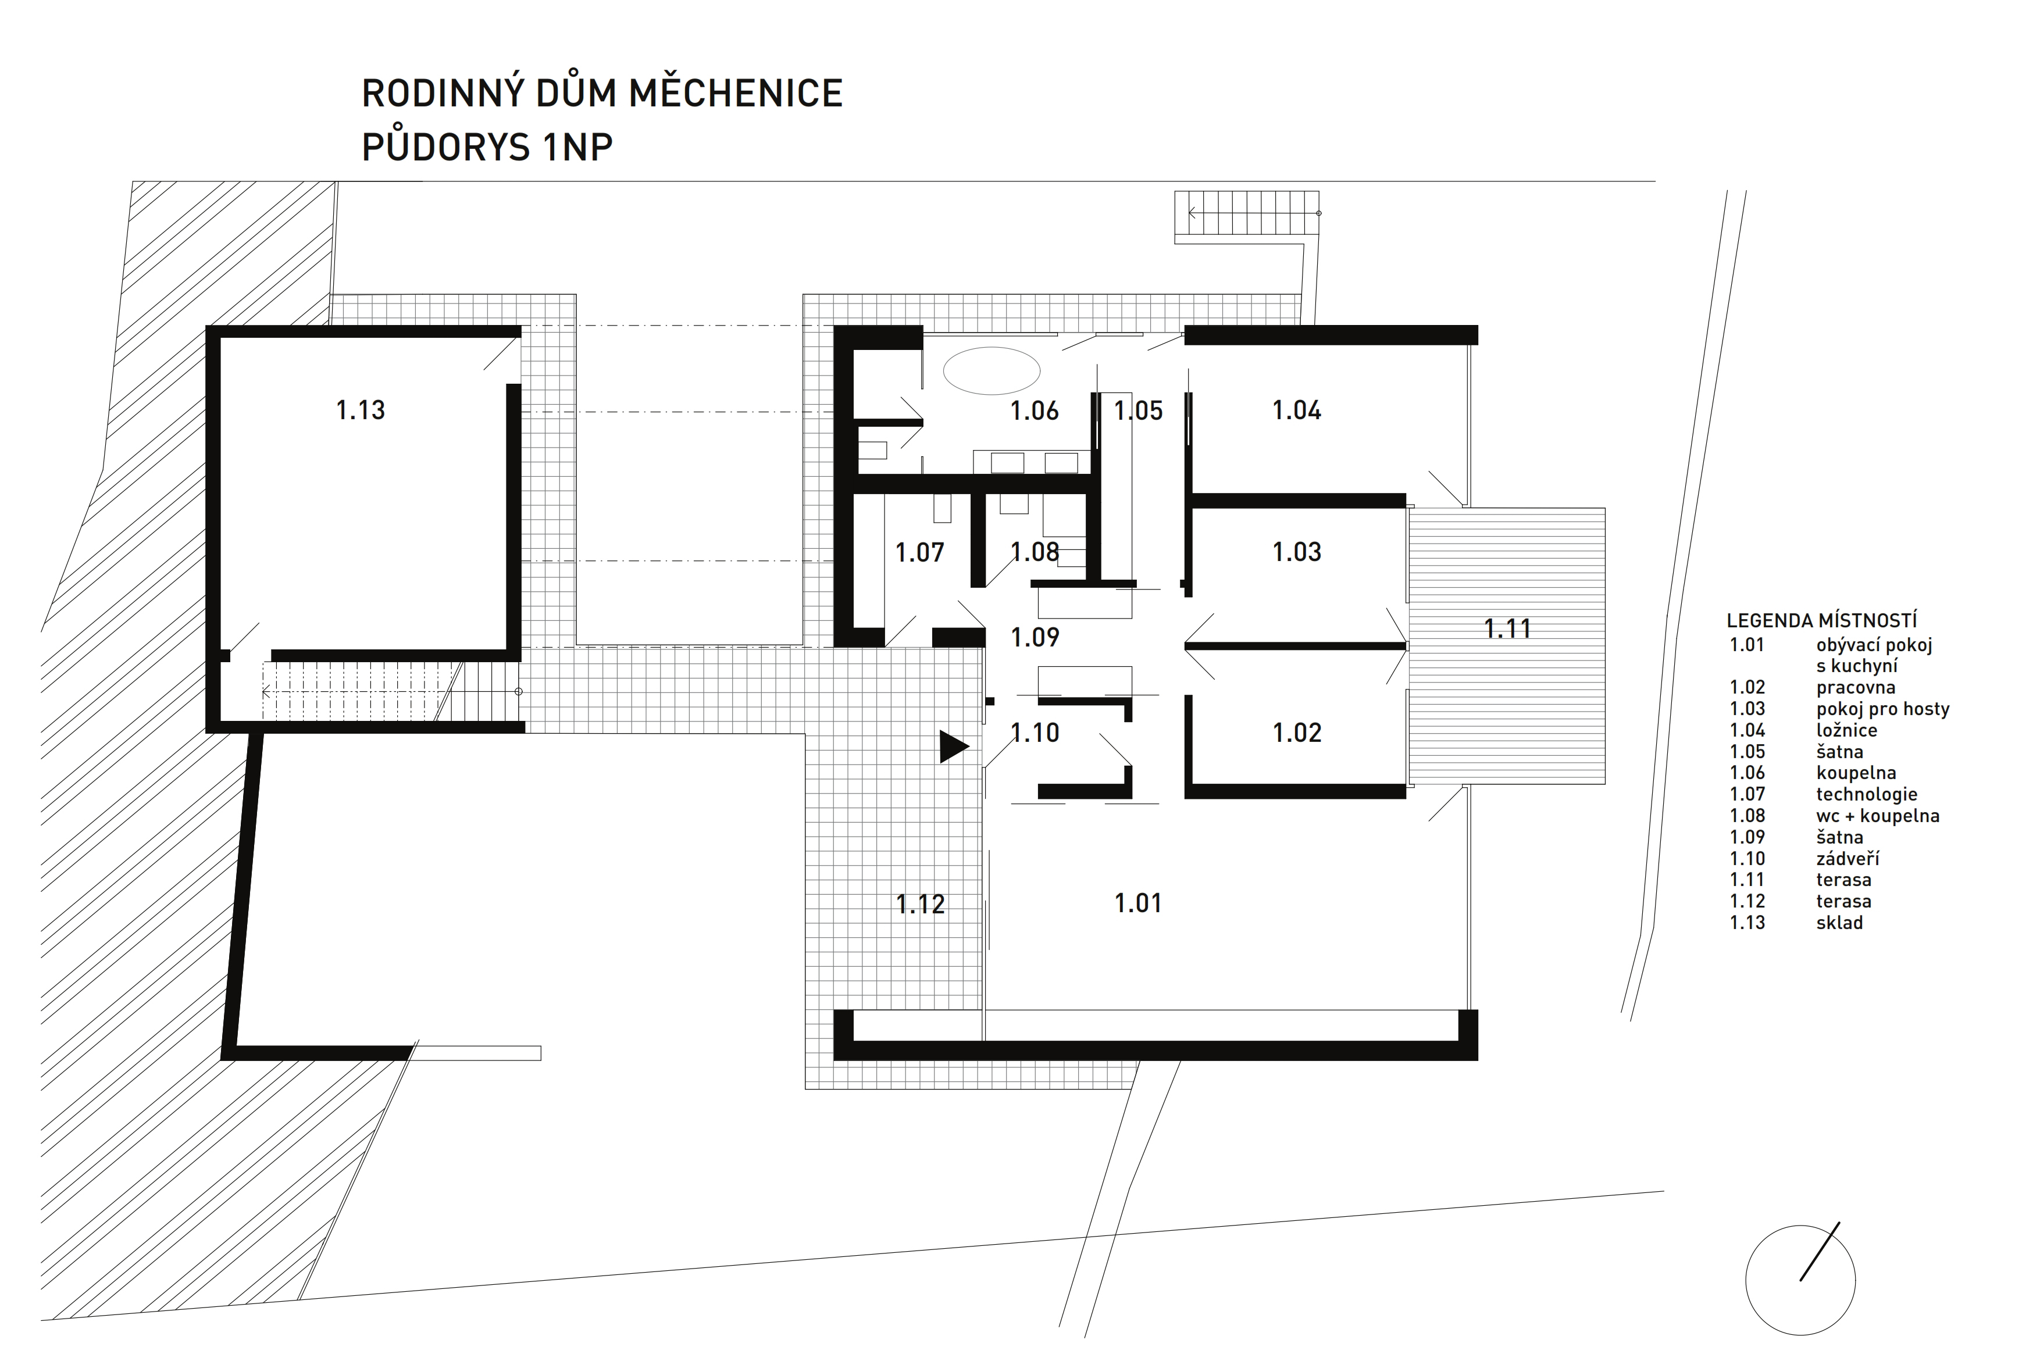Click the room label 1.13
click(x=360, y=410)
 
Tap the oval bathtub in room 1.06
click(x=992, y=371)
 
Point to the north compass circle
click(x=1800, y=1280)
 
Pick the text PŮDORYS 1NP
click(x=487, y=148)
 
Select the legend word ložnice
click(x=1846, y=731)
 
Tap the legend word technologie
click(x=1866, y=794)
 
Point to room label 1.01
click(x=1138, y=903)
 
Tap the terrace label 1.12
click(x=920, y=905)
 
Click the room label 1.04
click(x=1297, y=410)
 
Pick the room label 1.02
click(x=1297, y=733)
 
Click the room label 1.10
click(x=1035, y=733)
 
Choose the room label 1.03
click(x=1297, y=552)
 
